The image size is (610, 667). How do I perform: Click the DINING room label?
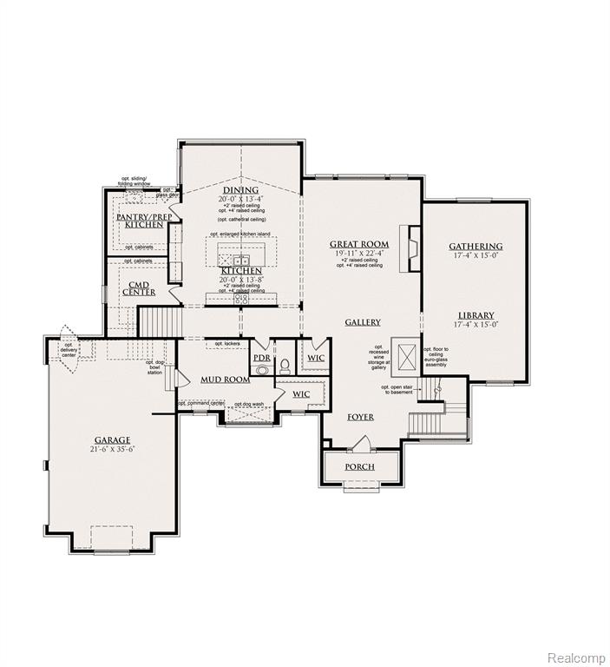tap(240, 190)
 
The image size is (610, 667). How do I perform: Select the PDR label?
tap(260, 357)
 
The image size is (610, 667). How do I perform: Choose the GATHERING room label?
tap(476, 247)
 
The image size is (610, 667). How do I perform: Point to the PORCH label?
tap(359, 466)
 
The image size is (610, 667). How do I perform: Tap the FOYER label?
tap(360, 417)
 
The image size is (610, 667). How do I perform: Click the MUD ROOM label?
tap(226, 380)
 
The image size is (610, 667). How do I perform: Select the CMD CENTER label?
tap(139, 287)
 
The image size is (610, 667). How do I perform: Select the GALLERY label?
tap(363, 322)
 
